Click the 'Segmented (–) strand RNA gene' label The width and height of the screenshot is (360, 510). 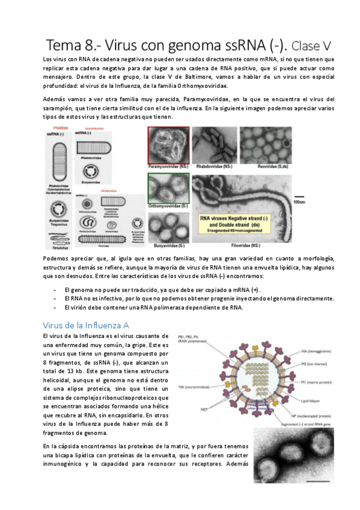pos(312,423)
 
